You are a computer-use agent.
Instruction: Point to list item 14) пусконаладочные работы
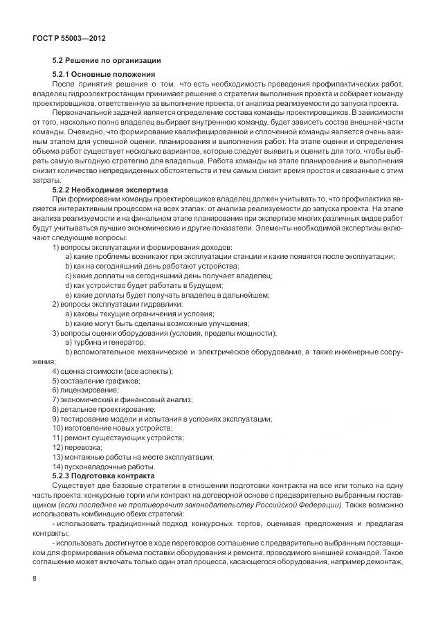point(105,467)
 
